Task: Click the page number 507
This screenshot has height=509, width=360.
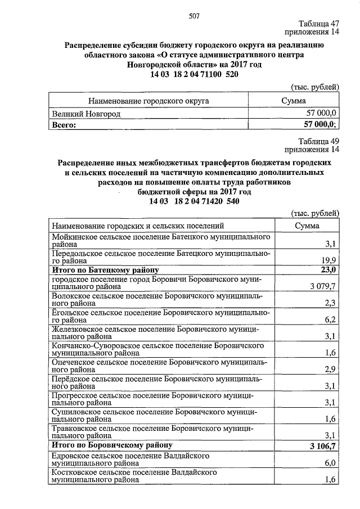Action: point(195,16)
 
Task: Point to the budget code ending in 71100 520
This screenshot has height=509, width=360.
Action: point(191,75)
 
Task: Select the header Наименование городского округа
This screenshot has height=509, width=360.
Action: point(148,101)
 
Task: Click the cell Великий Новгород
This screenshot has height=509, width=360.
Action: point(86,114)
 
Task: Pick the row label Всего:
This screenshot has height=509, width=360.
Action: point(64,125)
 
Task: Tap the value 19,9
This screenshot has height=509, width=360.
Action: point(329,260)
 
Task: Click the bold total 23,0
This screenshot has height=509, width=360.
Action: point(328,270)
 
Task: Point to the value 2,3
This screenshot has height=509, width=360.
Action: point(331,304)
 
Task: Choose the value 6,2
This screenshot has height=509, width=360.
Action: point(331,320)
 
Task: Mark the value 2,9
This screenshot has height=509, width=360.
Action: point(331,369)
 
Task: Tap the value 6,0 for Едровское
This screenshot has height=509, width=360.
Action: point(331,463)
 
